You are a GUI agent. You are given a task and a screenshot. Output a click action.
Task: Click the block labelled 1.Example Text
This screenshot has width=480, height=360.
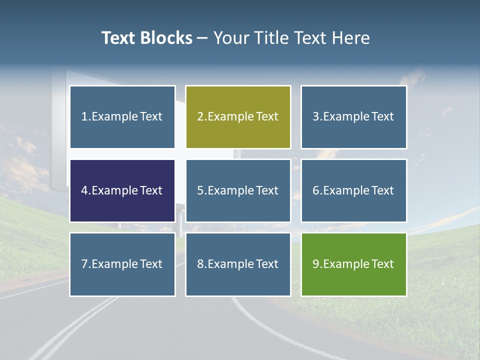coord(122,117)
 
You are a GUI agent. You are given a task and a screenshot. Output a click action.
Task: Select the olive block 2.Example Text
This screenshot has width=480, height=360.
coord(238,117)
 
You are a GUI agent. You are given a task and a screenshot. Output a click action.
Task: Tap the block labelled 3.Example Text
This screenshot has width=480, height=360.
coord(353,117)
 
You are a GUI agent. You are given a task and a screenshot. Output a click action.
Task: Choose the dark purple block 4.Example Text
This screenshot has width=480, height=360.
coord(122,190)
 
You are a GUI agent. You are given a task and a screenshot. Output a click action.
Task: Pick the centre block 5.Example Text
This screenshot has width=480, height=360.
coord(238,190)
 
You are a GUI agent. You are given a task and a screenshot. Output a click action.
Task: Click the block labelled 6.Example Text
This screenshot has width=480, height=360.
coord(353,190)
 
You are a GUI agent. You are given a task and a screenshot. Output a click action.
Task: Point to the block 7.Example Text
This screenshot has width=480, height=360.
coord(122,264)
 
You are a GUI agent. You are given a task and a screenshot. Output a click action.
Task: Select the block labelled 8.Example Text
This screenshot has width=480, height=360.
coord(238,264)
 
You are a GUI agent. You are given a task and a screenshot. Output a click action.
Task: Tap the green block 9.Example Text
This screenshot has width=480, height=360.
coord(353,264)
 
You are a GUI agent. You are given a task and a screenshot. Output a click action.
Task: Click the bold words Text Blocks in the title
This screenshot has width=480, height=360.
coord(146,38)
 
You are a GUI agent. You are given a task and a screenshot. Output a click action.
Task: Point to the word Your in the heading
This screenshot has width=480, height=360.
coord(231,38)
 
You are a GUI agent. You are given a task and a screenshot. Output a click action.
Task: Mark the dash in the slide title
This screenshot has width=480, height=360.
coord(202,38)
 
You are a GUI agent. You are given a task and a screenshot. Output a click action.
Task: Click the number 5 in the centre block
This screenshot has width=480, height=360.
coord(200,190)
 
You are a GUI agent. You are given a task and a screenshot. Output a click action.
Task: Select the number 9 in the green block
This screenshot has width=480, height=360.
coord(316,264)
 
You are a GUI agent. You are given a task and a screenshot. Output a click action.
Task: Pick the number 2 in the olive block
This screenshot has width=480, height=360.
coord(200,117)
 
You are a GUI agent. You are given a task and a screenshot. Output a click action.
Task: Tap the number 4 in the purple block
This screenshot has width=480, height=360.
coord(84,190)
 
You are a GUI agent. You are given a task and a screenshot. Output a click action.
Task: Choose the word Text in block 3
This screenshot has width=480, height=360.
coord(382,117)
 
